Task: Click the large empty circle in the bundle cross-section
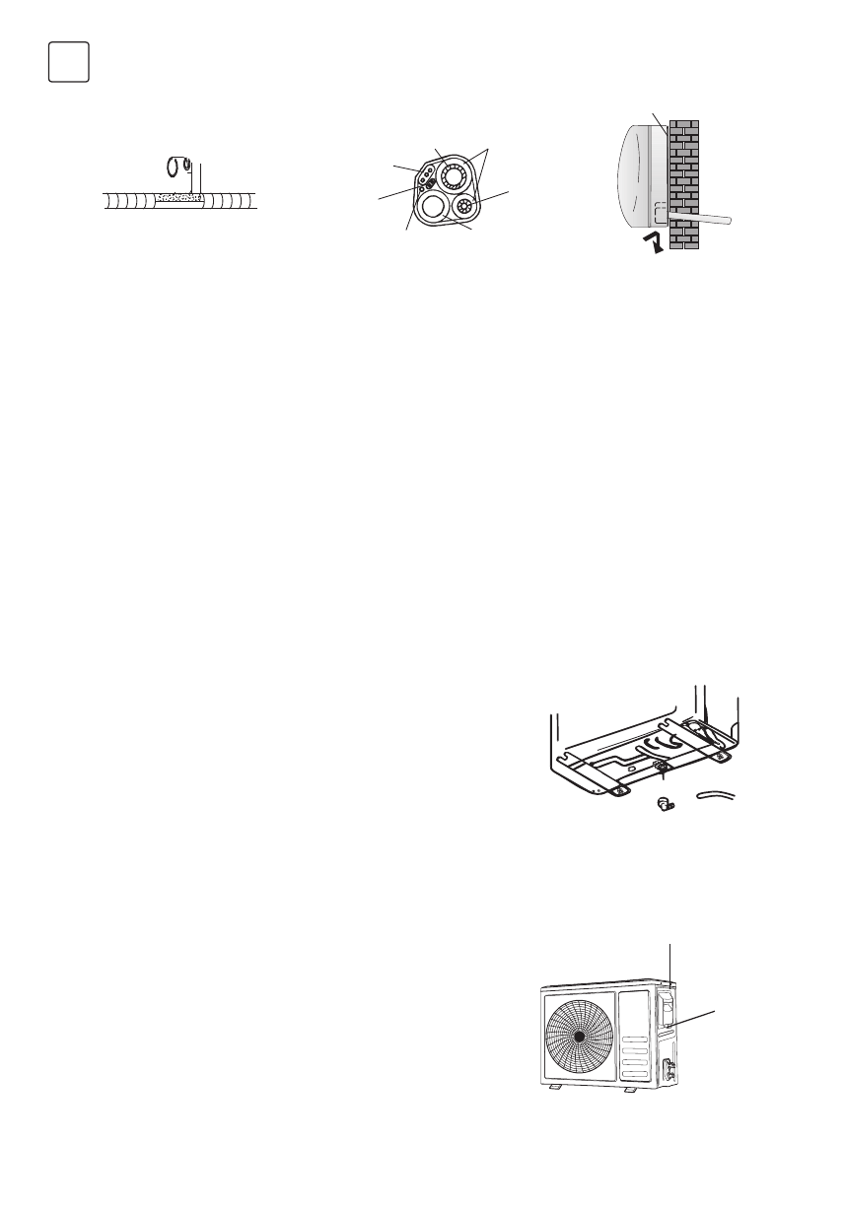431,207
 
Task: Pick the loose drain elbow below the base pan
664,803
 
